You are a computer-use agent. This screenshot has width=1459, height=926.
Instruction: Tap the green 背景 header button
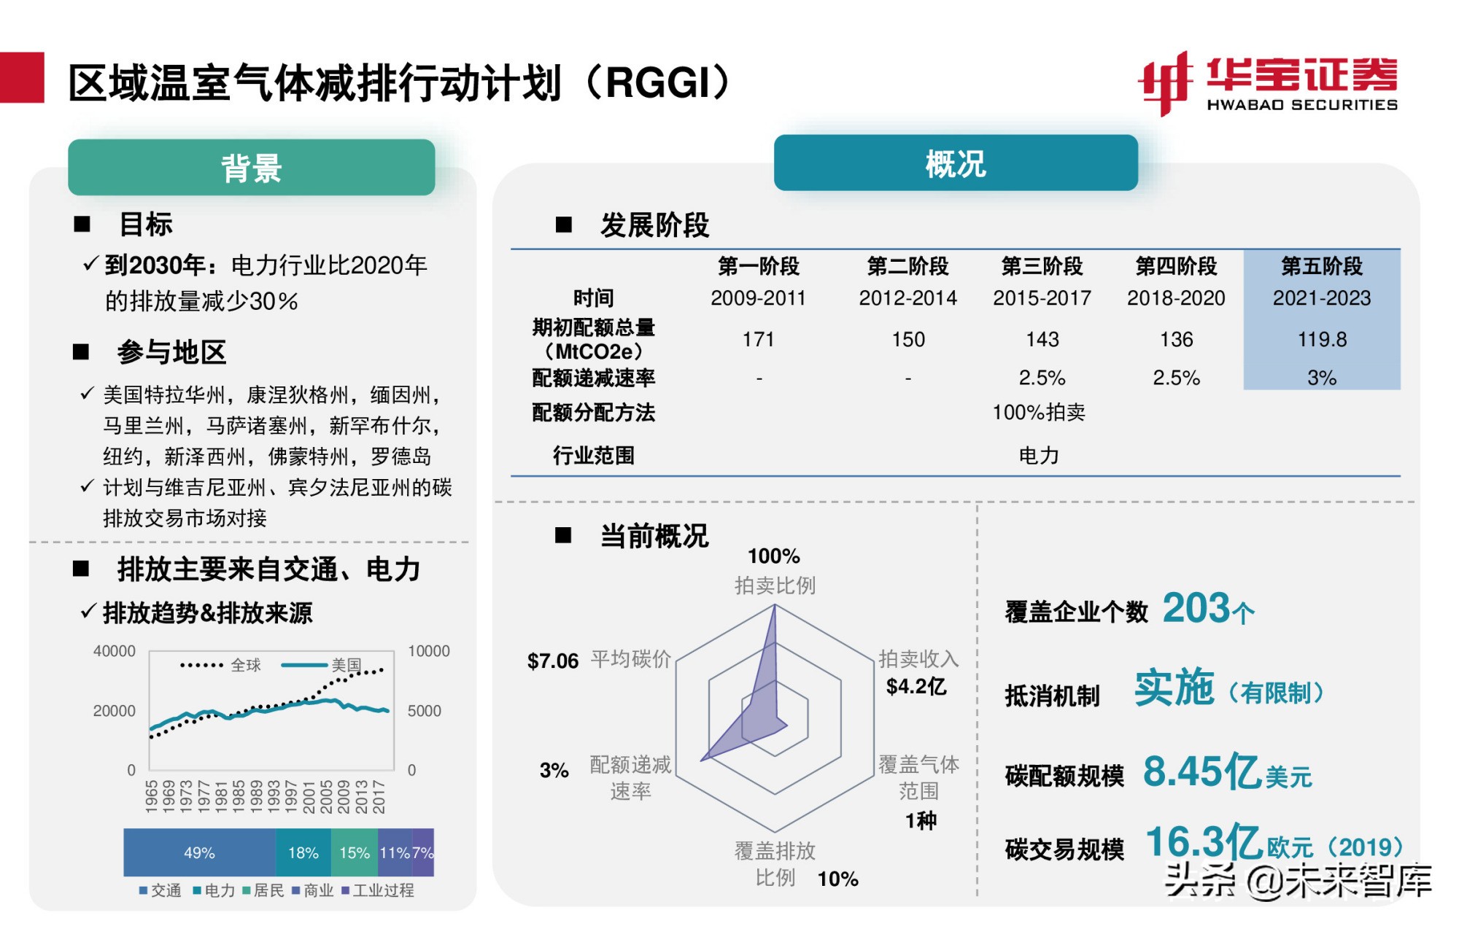251,168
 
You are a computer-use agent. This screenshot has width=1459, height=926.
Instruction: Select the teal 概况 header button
955,163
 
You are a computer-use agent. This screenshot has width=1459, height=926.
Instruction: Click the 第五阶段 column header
1321,266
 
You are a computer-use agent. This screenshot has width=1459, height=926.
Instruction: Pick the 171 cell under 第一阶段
758,339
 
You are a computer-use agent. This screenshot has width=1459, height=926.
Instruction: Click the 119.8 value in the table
1321,339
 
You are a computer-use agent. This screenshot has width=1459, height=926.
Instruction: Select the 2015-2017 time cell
1042,297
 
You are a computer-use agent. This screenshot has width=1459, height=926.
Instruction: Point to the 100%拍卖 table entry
1038,412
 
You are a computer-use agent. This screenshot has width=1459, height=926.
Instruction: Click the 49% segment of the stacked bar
199,852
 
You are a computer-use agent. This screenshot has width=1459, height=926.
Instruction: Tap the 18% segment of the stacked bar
303,852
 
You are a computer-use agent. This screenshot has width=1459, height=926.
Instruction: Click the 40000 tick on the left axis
115,651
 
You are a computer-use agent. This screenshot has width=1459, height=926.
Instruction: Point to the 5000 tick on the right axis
424,711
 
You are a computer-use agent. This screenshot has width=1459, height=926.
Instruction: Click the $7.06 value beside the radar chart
552,661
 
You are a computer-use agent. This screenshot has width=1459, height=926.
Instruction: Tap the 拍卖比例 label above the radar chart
774,585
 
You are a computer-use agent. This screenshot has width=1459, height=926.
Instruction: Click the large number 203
1196,608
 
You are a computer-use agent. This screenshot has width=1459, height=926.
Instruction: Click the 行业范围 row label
593,456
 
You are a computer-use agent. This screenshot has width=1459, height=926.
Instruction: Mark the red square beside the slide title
22,77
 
